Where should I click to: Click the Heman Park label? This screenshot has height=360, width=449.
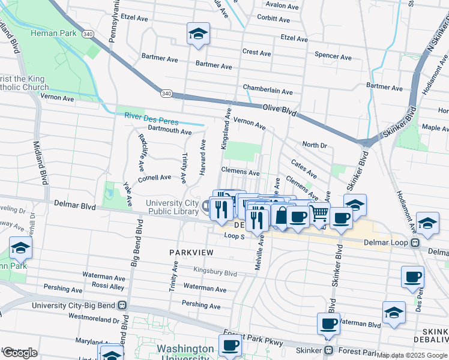click(54, 33)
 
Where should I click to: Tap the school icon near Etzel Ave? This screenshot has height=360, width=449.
click(197, 34)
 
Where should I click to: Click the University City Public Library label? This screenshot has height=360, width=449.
click(172, 208)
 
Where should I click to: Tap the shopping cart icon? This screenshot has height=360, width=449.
click(319, 213)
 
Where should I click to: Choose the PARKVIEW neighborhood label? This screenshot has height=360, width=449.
click(191, 253)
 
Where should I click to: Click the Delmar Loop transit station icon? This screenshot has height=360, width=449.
click(414, 243)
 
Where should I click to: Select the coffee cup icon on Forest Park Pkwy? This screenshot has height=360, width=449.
click(230, 346)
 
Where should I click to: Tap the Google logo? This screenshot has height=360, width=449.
click(19, 353)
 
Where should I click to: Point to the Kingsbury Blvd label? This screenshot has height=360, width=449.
click(215, 272)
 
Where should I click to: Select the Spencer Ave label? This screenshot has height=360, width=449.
click(333, 56)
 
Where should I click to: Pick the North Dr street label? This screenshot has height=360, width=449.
click(314, 145)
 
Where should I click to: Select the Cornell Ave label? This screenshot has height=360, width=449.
click(154, 178)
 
